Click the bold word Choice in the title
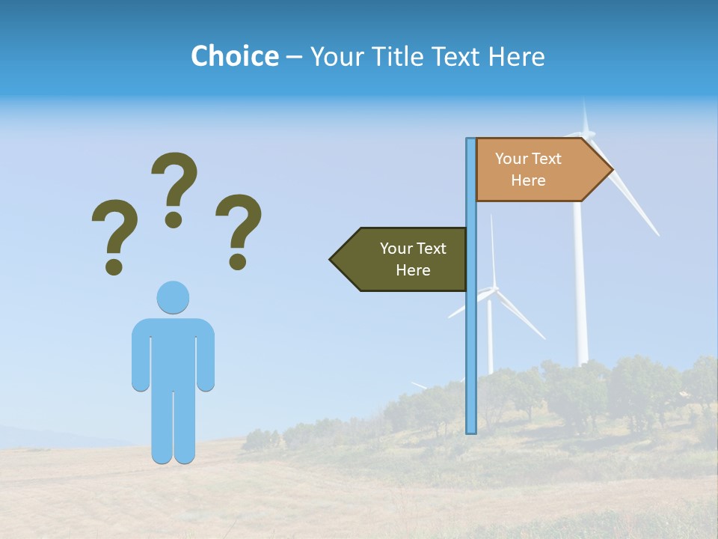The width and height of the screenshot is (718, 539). tap(234, 56)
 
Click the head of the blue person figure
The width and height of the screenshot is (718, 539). tap(173, 297)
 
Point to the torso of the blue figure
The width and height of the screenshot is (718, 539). tap(173, 352)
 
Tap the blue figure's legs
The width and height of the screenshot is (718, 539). tap(173, 427)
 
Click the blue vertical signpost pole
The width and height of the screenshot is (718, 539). tap(471, 337)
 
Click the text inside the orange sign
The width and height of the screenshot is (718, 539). tap(528, 169)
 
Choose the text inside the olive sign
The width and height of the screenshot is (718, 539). tap(413, 259)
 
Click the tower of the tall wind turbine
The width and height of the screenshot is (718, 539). tap(580, 299)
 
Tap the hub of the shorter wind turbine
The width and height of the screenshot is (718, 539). tap(492, 292)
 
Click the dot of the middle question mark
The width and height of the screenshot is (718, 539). tap(174, 219)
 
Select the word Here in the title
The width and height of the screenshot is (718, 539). tap(516, 56)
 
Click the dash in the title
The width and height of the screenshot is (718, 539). tap(294, 57)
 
